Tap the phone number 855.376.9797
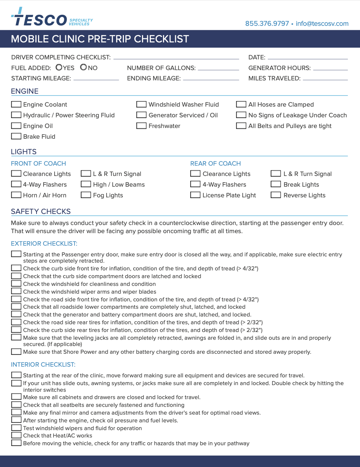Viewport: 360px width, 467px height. (x=267, y=24)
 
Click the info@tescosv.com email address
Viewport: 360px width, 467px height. (x=322, y=24)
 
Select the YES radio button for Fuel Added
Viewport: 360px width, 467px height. (x=59, y=67)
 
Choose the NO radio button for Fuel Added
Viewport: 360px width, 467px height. (x=84, y=67)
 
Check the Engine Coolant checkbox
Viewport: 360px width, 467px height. (x=16, y=104)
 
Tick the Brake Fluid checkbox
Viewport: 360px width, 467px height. (x=16, y=136)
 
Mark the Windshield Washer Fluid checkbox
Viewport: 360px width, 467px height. (x=141, y=104)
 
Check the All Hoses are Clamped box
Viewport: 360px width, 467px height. (x=241, y=104)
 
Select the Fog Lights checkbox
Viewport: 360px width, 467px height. (x=86, y=195)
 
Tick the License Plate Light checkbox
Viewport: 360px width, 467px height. (x=195, y=195)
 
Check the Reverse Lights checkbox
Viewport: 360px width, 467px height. (x=276, y=195)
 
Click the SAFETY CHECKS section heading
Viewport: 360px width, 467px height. (x=41, y=211)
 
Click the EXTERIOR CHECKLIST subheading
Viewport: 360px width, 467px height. (x=44, y=243)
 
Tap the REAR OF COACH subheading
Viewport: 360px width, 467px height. (x=215, y=163)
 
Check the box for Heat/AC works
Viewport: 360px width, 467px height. (x=16, y=435)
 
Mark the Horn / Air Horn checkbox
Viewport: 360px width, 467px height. (x=16, y=195)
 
